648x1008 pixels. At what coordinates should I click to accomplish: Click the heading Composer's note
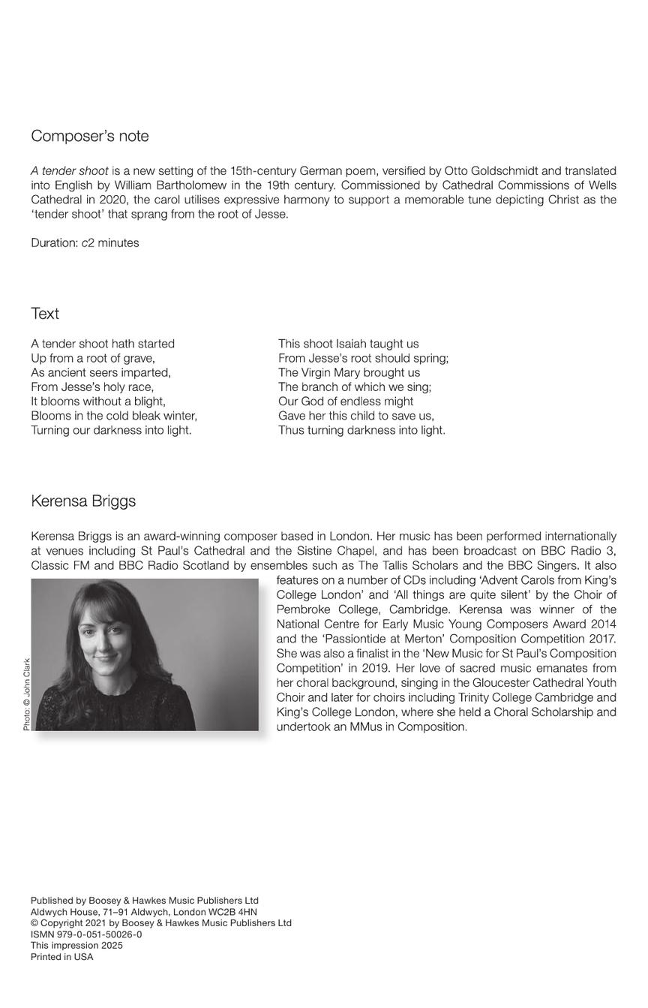coord(90,136)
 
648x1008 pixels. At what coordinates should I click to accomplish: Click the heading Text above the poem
coord(45,314)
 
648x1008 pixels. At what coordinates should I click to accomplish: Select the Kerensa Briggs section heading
coord(83,501)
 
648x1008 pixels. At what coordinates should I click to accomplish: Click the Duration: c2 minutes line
coord(85,243)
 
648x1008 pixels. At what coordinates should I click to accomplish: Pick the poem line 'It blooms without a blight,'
coord(98,402)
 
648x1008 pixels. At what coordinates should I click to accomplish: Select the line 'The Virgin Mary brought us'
coord(349,373)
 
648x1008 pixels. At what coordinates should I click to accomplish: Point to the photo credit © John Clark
coord(27,694)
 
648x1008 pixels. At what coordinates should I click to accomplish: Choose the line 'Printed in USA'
coord(62,957)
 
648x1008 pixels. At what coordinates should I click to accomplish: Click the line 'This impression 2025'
coord(76,946)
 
